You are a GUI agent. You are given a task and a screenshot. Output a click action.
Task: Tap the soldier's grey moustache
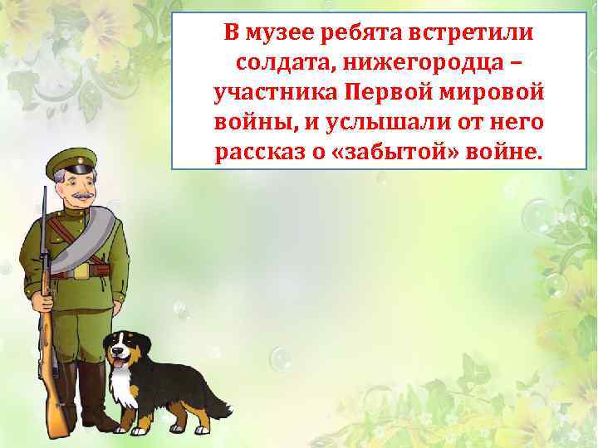[80, 195]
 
